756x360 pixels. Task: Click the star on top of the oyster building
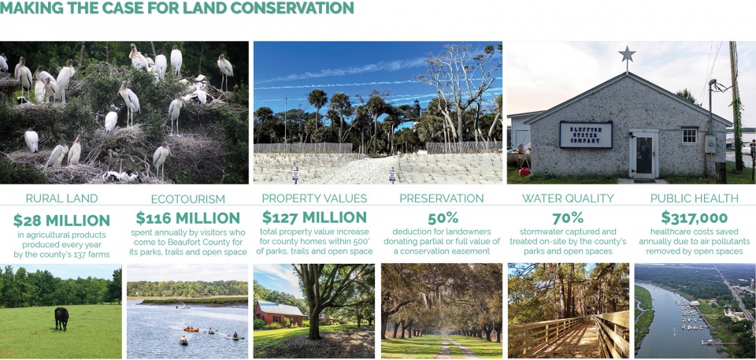click(627, 54)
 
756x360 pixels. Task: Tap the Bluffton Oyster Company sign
click(586, 135)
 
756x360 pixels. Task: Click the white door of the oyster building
click(643, 154)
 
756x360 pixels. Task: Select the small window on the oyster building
click(690, 135)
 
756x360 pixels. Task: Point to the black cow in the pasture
click(61, 318)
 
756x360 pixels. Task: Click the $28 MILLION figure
click(61, 221)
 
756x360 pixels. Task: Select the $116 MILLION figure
click(187, 218)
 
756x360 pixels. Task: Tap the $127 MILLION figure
click(314, 217)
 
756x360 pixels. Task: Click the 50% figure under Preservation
click(441, 218)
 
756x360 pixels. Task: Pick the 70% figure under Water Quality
click(568, 218)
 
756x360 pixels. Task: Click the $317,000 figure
click(694, 217)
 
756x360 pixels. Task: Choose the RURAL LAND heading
click(61, 199)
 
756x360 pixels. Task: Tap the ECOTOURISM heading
click(187, 199)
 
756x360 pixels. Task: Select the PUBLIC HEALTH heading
click(695, 199)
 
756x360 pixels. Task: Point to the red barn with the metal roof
click(280, 313)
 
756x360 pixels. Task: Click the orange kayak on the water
click(191, 329)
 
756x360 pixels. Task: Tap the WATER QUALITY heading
click(568, 199)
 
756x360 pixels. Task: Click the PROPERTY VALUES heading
click(314, 199)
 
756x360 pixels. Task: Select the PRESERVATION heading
click(441, 199)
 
